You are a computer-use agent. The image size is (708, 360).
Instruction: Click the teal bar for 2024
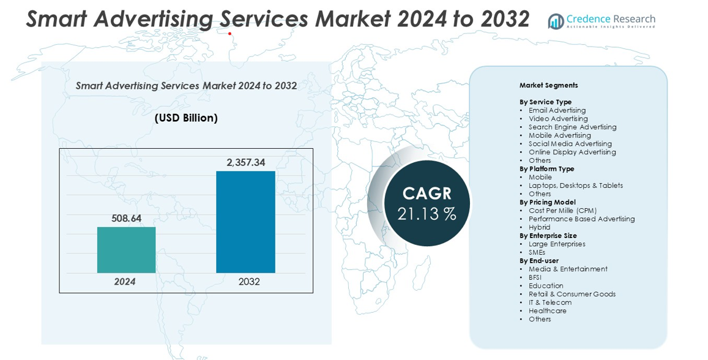(x=126, y=250)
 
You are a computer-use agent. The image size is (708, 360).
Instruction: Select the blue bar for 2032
(x=245, y=222)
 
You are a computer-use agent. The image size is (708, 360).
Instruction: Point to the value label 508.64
(x=126, y=218)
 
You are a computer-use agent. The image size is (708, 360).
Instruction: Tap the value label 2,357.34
(x=245, y=162)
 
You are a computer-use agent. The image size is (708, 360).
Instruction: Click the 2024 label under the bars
(x=125, y=282)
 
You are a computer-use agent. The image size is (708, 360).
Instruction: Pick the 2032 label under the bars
(x=249, y=282)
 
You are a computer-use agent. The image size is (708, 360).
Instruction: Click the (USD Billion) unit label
(x=186, y=118)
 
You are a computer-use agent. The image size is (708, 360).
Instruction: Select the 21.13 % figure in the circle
(x=427, y=214)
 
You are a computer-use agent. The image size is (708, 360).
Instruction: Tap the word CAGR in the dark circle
(x=427, y=193)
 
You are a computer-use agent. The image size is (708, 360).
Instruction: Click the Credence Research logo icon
(x=556, y=21)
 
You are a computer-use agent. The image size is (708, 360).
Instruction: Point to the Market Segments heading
(x=548, y=85)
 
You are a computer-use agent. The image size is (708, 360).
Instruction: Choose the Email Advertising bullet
(x=557, y=110)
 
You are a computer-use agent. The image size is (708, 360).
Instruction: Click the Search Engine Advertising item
(x=572, y=127)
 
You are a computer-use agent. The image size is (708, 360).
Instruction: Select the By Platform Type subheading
(x=546, y=168)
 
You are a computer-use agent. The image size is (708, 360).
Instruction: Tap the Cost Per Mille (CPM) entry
(x=562, y=210)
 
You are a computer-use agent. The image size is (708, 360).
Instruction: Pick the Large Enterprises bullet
(x=557, y=244)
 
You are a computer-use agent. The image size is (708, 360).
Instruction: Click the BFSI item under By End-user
(x=535, y=277)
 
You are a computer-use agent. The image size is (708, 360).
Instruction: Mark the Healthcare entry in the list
(x=547, y=310)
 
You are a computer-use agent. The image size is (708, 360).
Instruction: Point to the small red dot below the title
(x=230, y=34)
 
